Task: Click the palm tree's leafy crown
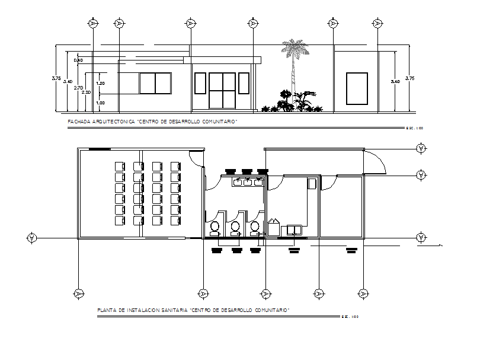(x=295, y=49)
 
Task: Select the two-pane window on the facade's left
(x=155, y=83)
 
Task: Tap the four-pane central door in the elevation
(x=222, y=90)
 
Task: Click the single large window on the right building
(x=356, y=84)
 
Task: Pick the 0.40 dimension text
(x=78, y=60)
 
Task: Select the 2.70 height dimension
(x=78, y=87)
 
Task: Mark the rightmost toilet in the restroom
(x=255, y=227)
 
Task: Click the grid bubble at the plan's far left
(x=31, y=238)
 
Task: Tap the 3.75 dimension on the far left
(x=56, y=79)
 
